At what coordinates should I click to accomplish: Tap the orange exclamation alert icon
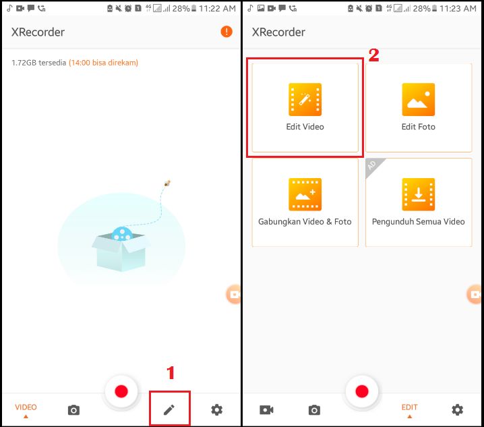pyautogui.click(x=226, y=32)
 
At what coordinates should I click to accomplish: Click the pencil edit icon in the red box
pyautogui.click(x=169, y=409)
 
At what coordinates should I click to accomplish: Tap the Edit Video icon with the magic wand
pyautogui.click(x=305, y=99)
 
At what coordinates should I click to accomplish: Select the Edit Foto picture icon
pyautogui.click(x=418, y=99)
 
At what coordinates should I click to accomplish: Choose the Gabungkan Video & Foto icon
pyautogui.click(x=305, y=194)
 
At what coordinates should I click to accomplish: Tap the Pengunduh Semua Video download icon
pyautogui.click(x=418, y=194)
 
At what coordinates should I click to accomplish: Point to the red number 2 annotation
pyautogui.click(x=374, y=55)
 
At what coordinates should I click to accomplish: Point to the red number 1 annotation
pyautogui.click(x=171, y=373)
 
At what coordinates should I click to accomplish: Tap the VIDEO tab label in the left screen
pyautogui.click(x=26, y=407)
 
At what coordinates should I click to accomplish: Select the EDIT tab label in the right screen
pyautogui.click(x=409, y=407)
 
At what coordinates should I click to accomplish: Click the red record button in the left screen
pyautogui.click(x=121, y=391)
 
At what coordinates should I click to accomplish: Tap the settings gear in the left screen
pyautogui.click(x=216, y=409)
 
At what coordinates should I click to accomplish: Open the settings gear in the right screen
pyautogui.click(x=457, y=409)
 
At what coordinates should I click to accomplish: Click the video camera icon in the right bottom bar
pyautogui.click(x=266, y=410)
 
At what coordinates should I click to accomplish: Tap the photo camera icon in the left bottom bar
pyautogui.click(x=73, y=410)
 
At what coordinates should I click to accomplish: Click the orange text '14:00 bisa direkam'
pyautogui.click(x=103, y=63)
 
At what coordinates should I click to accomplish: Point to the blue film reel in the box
pyautogui.click(x=122, y=233)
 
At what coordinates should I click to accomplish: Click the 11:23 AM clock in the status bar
pyautogui.click(x=458, y=8)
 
